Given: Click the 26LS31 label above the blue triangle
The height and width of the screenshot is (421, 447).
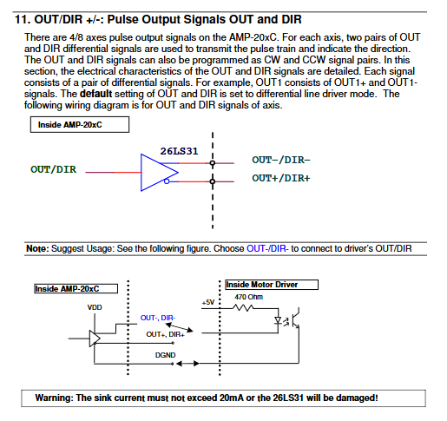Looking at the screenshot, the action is coord(179,151).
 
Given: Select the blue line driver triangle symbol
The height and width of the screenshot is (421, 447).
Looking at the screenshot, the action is coord(159,173).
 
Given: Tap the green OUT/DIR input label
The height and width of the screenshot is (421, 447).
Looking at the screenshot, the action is coord(54,169).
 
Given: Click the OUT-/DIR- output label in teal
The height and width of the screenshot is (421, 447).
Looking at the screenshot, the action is coord(281,160).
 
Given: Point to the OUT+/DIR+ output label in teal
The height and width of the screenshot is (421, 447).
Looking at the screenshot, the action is coord(281,178).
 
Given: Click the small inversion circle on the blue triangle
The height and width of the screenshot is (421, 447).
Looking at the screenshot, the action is coord(167,181).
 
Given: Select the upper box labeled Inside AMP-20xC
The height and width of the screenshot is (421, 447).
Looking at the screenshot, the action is coord(80,125).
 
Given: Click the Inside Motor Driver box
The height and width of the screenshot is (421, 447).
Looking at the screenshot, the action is coord(272,285).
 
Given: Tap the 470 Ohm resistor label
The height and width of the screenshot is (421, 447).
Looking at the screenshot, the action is coord(248,297).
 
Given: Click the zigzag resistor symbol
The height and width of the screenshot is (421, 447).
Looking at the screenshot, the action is coord(243,308).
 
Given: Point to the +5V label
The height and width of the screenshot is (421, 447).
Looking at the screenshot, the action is coord(208,302).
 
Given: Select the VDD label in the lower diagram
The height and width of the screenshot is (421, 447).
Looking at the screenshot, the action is coord(95,307).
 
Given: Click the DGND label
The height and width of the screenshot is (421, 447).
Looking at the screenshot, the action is coord(165,355).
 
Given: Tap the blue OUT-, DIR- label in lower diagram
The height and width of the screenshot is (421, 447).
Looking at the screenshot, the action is coord(158,318).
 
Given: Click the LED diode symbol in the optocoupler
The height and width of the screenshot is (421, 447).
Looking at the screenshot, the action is coord(278,320).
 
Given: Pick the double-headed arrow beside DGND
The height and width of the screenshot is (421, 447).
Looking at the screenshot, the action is coord(187,364).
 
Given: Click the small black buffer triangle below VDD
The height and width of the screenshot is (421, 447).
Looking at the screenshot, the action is coord(95,339).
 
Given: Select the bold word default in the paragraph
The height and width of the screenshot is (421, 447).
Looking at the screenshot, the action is coord(95,94).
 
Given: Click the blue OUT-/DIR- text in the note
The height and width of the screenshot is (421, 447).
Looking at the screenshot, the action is coord(267,248).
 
